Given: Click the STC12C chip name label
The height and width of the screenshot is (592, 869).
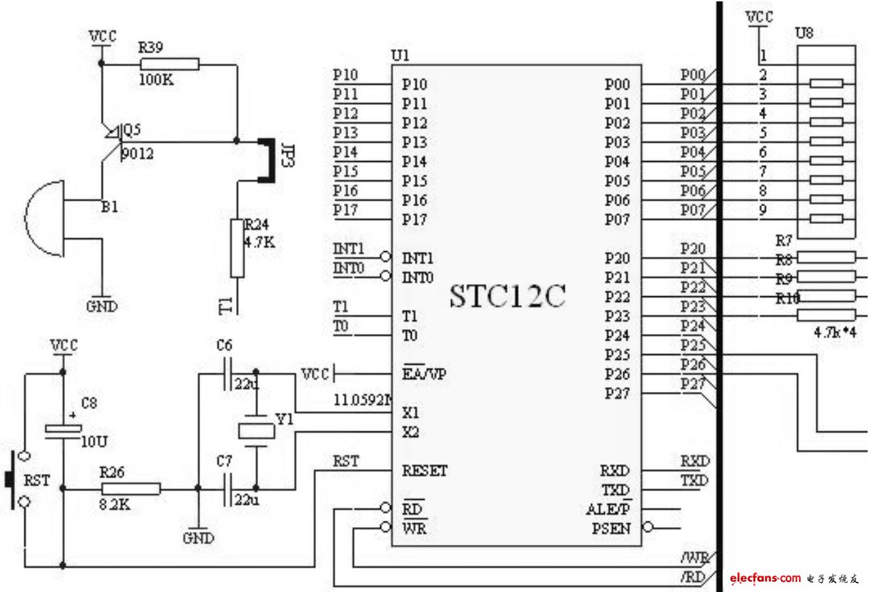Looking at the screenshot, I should pyautogui.click(x=507, y=296).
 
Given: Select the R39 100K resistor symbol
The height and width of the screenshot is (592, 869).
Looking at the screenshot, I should pyautogui.click(x=169, y=64).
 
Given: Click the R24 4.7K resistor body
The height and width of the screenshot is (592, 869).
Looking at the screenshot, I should pyautogui.click(x=237, y=248).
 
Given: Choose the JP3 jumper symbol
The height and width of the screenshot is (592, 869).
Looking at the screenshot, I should pyautogui.click(x=266, y=161).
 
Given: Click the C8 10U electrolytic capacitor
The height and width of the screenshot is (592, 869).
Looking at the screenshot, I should pyautogui.click(x=63, y=429).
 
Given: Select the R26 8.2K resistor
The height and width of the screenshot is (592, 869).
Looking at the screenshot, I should pyautogui.click(x=131, y=488).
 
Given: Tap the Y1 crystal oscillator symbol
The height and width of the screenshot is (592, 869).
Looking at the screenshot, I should pyautogui.click(x=256, y=431).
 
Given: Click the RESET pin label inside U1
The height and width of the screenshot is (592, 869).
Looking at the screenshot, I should pyautogui.click(x=425, y=471).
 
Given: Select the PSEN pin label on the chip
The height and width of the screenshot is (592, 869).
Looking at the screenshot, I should pyautogui.click(x=612, y=528).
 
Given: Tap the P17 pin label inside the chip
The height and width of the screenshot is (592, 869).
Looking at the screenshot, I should pyautogui.click(x=414, y=220).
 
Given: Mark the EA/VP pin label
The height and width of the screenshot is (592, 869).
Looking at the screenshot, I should pyautogui.click(x=425, y=375).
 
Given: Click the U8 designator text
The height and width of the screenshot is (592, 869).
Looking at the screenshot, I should pyautogui.click(x=804, y=33).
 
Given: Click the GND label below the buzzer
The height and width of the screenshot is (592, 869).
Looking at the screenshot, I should pyautogui.click(x=101, y=306).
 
